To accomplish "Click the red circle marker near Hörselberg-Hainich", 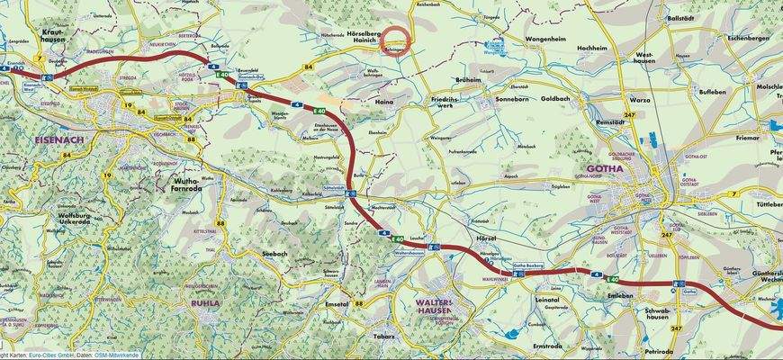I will pyautogui.click(x=395, y=41).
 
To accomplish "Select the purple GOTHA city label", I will pyautogui.click(x=604, y=168).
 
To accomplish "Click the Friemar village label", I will pyautogui.click(x=747, y=139).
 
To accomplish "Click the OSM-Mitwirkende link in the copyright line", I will pyautogui.click(x=121, y=355).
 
